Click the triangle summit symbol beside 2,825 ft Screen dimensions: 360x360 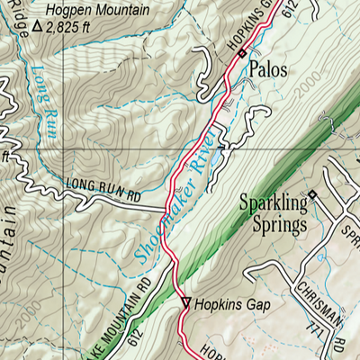coord(37,26)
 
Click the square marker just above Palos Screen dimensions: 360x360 coord(241,55)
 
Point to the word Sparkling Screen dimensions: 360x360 coord(272,203)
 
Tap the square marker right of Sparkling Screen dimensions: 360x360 coord(312,194)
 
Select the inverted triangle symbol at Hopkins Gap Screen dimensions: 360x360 coord(186,303)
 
